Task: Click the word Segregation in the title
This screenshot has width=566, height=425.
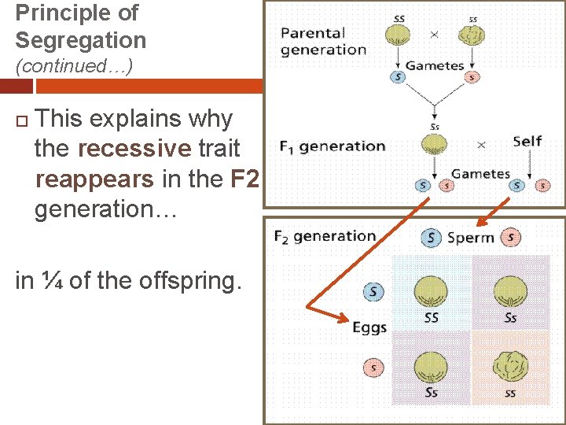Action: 81,40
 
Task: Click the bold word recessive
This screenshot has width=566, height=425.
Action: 134,149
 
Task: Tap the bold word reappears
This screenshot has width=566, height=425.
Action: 95,179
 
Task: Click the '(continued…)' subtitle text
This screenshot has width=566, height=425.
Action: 74,66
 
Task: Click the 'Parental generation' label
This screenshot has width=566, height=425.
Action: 323,41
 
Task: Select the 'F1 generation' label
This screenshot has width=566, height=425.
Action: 333,146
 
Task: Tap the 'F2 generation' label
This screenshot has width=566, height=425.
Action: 325,236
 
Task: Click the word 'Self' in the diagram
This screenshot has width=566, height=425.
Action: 527,142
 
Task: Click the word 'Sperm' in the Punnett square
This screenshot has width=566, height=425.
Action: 470,238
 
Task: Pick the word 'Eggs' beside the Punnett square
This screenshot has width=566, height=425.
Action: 369,327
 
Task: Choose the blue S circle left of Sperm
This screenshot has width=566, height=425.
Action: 431,237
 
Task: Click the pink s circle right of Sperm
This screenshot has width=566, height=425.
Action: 511,237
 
